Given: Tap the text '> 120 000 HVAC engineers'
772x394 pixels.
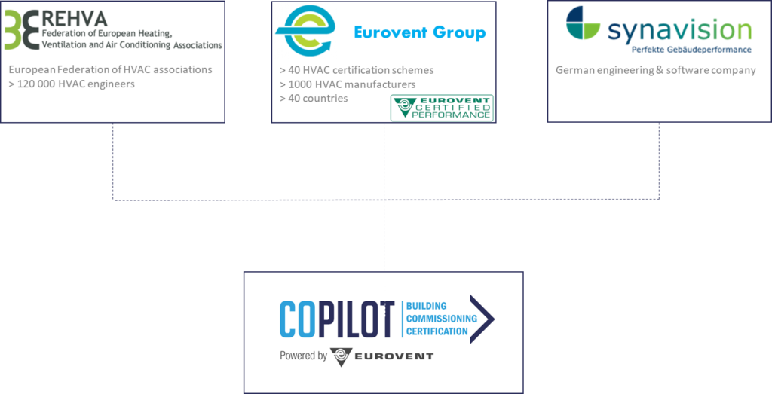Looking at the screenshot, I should pos(72,84).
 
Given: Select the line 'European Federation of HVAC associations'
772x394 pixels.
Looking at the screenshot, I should pos(110,70).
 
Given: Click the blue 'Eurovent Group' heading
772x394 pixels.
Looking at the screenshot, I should pos(420,33).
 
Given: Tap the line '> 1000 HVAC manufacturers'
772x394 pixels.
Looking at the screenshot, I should pos(347,84).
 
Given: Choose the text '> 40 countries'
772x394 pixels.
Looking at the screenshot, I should pos(314,99).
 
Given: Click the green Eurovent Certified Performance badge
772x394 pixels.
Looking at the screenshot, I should pos(442,107).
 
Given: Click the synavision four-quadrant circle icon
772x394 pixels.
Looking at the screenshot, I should pos(586,26).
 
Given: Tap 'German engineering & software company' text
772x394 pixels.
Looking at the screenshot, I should pos(655,71).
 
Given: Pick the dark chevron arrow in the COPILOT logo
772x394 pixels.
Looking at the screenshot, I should pos(486,319).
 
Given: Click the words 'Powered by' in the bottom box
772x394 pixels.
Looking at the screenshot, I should pos(302,356).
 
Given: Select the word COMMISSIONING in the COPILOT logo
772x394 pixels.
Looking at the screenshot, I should pos(442,319).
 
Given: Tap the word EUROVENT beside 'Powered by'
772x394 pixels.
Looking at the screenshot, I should pos(394,356).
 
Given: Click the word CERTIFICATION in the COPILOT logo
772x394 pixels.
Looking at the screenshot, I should pos(438,331).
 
